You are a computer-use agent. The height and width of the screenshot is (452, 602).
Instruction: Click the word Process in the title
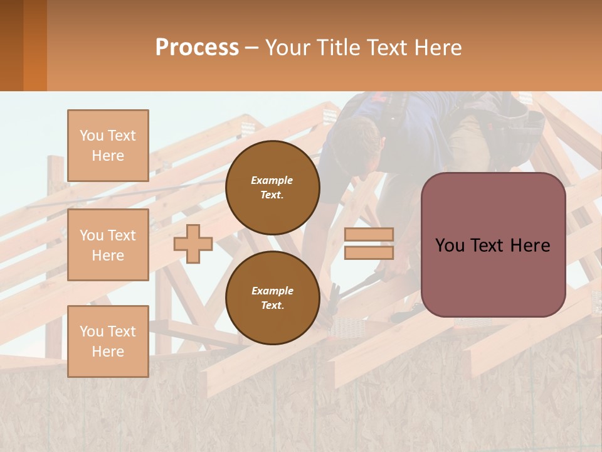click(x=197, y=48)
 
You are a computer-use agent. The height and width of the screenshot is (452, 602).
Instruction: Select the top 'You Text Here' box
click(x=108, y=146)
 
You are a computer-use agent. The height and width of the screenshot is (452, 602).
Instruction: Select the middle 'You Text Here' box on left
click(x=108, y=245)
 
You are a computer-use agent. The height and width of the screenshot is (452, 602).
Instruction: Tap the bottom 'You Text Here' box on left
click(x=108, y=341)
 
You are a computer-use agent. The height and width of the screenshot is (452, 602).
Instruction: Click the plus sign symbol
click(x=193, y=244)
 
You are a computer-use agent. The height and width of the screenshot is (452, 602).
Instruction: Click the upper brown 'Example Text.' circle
click(x=272, y=188)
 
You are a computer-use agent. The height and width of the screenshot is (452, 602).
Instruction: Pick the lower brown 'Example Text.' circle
click(x=272, y=298)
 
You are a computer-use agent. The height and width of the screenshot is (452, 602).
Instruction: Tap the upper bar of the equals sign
click(x=369, y=235)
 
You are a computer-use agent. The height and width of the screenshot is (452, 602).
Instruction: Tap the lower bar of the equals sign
click(x=369, y=252)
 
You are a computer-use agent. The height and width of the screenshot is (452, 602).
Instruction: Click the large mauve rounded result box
click(x=493, y=245)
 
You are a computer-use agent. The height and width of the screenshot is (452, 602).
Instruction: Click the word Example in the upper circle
click(x=272, y=180)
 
